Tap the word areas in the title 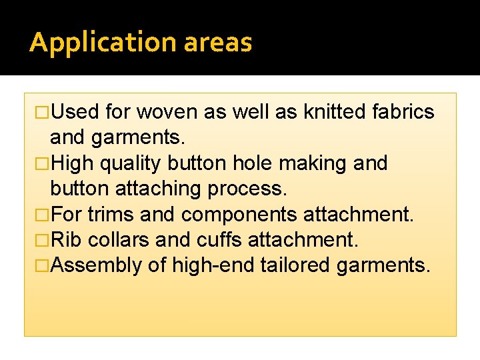point(217,43)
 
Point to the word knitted point(333,112)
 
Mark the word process point(248,189)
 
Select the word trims point(110,215)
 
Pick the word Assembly point(96,265)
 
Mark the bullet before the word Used point(43,112)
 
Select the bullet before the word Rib point(43,240)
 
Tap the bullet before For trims point(43,215)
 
